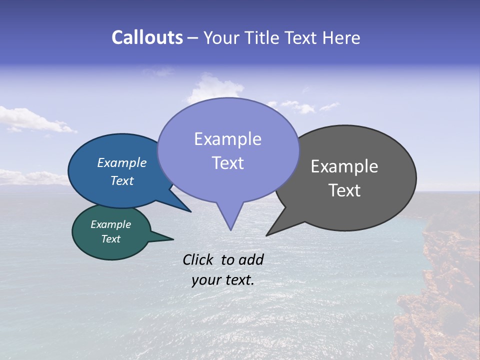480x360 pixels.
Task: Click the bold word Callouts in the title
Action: pos(147,37)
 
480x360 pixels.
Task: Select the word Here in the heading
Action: pos(341,37)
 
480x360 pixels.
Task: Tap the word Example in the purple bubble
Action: pos(227,139)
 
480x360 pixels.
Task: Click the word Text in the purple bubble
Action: pos(227,163)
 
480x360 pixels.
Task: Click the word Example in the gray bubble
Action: pos(344,166)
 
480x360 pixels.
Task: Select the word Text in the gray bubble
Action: pos(344,190)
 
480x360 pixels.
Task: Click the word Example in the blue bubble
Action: pos(121,162)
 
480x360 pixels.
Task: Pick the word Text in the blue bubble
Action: pos(121,180)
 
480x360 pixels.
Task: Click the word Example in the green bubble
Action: pos(110,224)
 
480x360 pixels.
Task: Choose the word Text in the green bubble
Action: pos(110,239)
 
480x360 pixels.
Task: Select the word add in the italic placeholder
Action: pos(250,259)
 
